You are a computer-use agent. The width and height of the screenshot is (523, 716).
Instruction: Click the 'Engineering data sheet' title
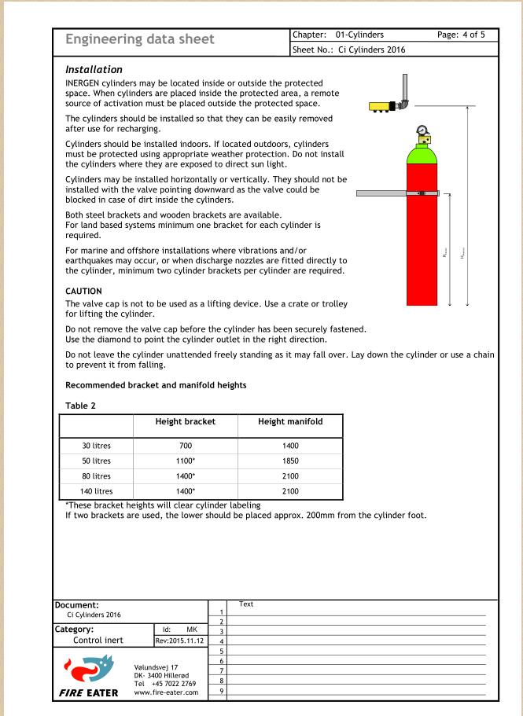pos(139,39)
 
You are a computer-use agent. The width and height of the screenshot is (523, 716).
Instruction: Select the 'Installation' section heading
pos(94,70)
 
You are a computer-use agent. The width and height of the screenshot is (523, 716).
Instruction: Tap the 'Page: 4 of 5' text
pos(461,35)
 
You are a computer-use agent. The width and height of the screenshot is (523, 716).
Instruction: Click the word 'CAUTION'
pos(83,291)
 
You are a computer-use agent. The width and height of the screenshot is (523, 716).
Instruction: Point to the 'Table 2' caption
pos(80,406)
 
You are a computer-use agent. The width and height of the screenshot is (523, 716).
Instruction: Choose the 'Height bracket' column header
pos(185,422)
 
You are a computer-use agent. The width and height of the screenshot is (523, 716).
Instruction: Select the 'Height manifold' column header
pos(289,422)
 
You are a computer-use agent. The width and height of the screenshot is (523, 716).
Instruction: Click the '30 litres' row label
pos(97,446)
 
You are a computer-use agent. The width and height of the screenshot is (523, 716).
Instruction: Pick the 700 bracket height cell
pos(185,446)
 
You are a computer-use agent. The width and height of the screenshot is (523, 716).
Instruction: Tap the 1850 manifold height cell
pos(289,461)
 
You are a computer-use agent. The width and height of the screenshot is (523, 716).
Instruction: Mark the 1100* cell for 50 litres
pos(185,461)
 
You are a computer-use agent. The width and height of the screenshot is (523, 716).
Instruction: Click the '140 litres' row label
pos(97,491)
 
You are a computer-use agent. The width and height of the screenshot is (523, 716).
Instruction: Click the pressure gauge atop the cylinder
pos(422,130)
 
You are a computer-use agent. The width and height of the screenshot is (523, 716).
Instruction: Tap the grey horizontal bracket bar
pos(381,193)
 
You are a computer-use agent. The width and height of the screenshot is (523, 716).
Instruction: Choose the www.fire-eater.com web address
pos(165,692)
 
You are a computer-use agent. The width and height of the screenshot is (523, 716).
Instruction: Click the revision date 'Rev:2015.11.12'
pos(180,641)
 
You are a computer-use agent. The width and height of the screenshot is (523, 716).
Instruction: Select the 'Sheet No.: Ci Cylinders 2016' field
pos(348,50)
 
